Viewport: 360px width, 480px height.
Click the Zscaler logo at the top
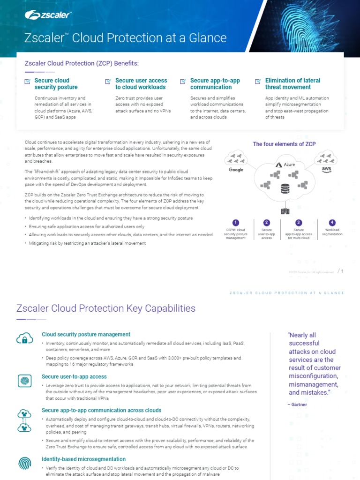pos(48,16)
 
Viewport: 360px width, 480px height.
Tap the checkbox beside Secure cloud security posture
pos(28,82)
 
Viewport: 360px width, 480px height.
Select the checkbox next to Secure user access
pos(107,82)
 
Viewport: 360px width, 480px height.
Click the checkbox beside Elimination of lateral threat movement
pos(258,82)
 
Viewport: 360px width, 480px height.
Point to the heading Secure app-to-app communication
pos(215,84)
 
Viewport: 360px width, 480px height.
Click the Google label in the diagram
pos(236,170)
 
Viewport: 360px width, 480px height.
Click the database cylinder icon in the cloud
pos(284,189)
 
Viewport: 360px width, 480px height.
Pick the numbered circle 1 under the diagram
pos(236,223)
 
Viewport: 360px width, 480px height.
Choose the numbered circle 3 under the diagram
pos(299,223)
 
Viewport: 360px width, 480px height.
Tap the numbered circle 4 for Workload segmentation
pos(332,223)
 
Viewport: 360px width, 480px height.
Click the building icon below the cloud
pos(285,211)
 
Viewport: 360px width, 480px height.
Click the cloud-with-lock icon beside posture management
pos(24,338)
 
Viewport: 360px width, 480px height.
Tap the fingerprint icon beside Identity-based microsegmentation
pos(24,463)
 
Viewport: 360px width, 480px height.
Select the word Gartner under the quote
pos(299,405)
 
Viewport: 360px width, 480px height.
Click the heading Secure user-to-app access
pos(74,376)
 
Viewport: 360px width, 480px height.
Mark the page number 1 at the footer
pos(343,270)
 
